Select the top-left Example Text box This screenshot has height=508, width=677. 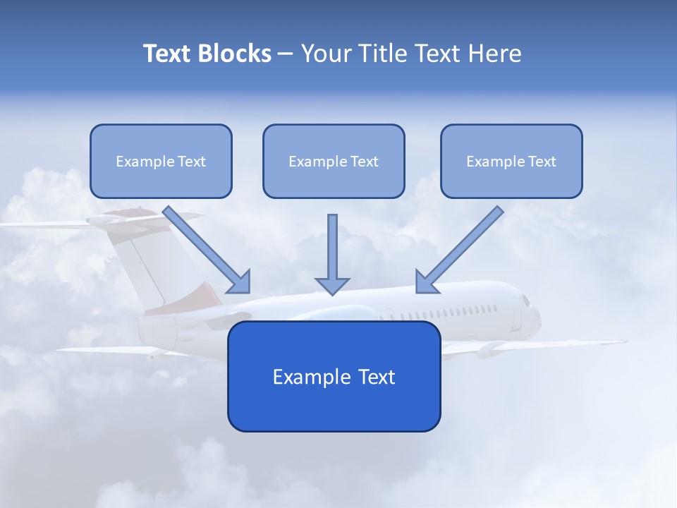(161, 161)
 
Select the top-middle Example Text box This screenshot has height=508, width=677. (334, 161)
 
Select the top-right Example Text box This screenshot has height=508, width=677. (511, 161)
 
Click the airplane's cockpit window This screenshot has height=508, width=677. (525, 301)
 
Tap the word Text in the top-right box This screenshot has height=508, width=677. (542, 161)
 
